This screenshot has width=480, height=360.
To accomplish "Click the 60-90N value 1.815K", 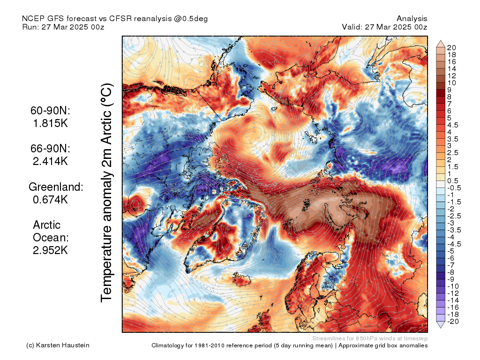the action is click(x=50, y=123).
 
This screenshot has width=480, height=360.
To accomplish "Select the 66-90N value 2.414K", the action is click(x=50, y=161).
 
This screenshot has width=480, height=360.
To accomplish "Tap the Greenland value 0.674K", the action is click(x=50, y=200).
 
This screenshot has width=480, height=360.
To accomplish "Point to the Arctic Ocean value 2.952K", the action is click(x=50, y=250).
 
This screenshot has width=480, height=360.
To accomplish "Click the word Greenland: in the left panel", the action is click(x=56, y=187).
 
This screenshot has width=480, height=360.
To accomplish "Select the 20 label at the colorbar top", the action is click(x=451, y=48).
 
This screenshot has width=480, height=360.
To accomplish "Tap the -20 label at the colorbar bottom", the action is click(x=453, y=322).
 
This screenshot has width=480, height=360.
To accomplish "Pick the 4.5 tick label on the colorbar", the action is click(x=453, y=125).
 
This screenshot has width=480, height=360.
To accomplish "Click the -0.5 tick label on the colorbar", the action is click(x=454, y=188).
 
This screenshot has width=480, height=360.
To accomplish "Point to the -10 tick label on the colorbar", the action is click(x=453, y=286).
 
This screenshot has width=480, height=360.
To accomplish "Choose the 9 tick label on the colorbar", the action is click(x=449, y=90).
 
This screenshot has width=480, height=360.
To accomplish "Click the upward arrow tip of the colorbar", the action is click(x=441, y=40).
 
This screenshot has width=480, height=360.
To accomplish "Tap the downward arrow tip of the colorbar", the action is click(x=441, y=328).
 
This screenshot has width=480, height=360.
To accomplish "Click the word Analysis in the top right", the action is click(x=412, y=19).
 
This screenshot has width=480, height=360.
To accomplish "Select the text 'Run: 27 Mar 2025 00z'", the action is click(x=63, y=27).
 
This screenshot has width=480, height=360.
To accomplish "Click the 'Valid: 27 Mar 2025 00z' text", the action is click(x=384, y=27).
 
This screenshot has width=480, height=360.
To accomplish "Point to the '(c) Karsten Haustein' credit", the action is click(x=58, y=345).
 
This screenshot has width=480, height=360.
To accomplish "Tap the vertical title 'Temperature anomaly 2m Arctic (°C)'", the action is click(x=106, y=193).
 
